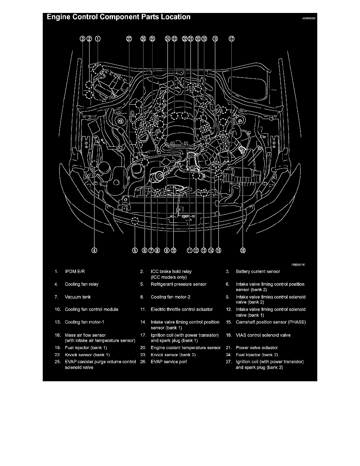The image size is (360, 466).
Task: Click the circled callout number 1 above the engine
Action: click(x=97, y=38)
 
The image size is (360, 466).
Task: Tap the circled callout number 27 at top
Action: click(x=129, y=38)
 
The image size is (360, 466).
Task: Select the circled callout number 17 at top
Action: click(x=232, y=38)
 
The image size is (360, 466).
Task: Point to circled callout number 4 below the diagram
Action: click(x=94, y=251)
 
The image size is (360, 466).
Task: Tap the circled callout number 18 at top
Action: click(x=215, y=38)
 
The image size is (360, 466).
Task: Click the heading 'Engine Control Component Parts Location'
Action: click(x=118, y=17)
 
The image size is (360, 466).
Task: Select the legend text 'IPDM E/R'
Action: click(x=75, y=271)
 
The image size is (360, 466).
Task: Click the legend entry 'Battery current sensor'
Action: click(x=258, y=271)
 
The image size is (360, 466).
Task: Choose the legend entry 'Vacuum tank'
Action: click(x=78, y=297)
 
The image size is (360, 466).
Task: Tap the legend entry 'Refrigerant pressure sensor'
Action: click(x=178, y=284)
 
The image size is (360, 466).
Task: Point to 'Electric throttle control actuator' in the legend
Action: click(x=182, y=309)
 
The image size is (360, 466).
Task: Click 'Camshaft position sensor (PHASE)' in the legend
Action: click(x=271, y=322)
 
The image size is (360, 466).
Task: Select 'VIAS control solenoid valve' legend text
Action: click(x=263, y=335)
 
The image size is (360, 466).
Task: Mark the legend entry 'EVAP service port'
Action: click(x=169, y=362)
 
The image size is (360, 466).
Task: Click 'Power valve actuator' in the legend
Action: click(x=257, y=348)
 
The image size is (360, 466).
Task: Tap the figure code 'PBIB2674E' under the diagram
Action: click(x=298, y=265)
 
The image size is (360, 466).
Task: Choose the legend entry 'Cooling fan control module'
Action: click(x=91, y=309)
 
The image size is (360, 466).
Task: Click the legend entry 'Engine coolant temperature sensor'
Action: click(x=185, y=348)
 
